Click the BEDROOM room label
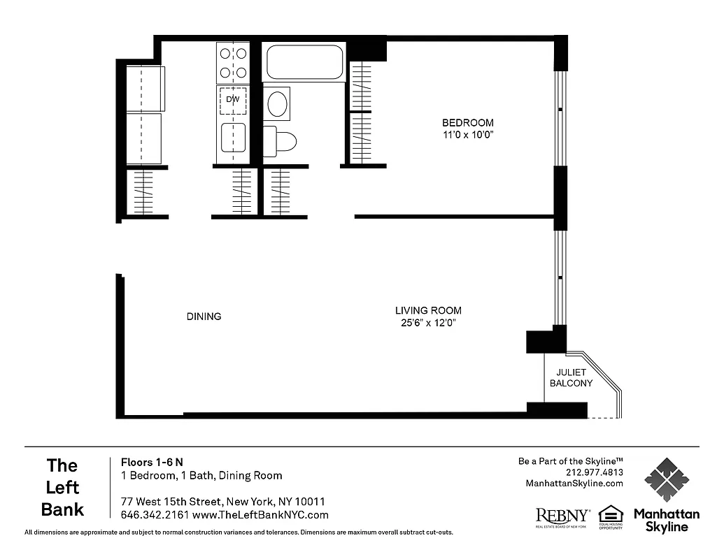[468, 122]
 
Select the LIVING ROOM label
[428, 310]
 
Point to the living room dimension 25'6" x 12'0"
[428, 323]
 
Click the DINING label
[204, 317]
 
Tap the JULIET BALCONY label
[571, 377]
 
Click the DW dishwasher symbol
[233, 101]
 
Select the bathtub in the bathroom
[305, 62]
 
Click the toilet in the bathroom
[282, 142]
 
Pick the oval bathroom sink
[278, 103]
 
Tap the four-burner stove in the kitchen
[233, 63]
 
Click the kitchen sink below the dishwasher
[233, 138]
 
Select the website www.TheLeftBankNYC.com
[260, 515]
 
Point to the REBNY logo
[562, 516]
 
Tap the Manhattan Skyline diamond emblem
[666, 480]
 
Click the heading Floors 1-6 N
[152, 462]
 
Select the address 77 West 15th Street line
[222, 502]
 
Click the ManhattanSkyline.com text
[574, 484]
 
